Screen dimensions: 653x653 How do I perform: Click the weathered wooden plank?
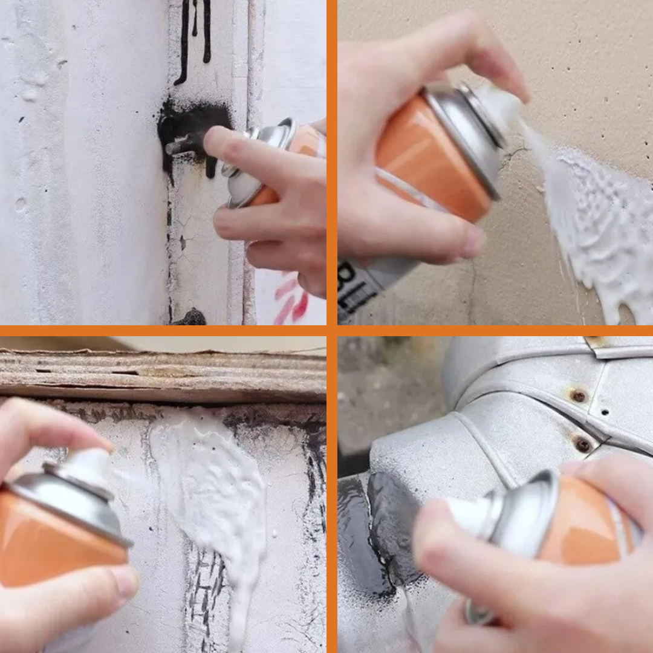click(x=163, y=375)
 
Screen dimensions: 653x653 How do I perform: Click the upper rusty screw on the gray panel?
click(x=579, y=396)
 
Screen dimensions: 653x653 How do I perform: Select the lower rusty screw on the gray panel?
click(x=583, y=444)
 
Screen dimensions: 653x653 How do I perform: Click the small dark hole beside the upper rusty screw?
click(x=605, y=412)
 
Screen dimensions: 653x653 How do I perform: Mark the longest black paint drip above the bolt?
click(x=183, y=42)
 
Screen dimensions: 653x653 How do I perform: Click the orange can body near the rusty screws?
click(x=586, y=520)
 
